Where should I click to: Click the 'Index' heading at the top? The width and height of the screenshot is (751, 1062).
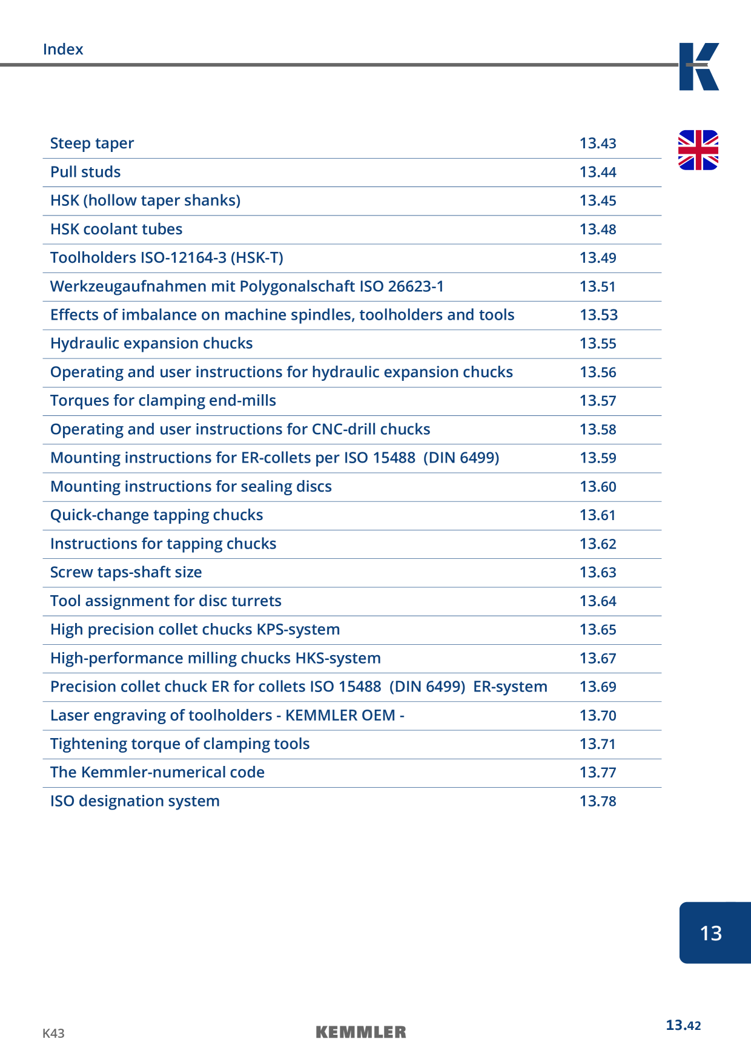63,49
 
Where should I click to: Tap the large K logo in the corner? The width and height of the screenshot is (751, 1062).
699,67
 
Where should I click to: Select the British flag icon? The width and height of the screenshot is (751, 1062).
698,150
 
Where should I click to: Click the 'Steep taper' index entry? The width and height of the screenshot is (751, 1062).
92,143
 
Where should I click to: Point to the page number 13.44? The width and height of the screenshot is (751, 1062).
598,172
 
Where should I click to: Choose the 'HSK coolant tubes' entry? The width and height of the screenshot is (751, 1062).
116,229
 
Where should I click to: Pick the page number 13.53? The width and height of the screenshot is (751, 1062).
598,315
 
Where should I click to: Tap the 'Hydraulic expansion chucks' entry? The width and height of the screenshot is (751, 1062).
151,343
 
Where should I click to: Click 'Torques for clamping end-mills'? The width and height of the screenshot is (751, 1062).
163,401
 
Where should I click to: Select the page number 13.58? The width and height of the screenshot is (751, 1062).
598,429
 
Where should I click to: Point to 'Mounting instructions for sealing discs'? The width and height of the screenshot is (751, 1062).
191,487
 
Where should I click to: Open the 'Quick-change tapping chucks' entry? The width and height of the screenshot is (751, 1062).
156,515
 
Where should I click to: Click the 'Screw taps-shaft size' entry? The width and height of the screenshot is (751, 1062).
126,572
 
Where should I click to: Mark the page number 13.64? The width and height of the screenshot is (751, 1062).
598,601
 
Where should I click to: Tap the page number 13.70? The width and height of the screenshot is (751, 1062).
598,716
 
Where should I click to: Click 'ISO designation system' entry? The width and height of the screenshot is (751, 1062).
135,801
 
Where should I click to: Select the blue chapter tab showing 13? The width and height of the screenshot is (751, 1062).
715,932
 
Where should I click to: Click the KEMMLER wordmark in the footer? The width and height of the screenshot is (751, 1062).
361,1032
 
